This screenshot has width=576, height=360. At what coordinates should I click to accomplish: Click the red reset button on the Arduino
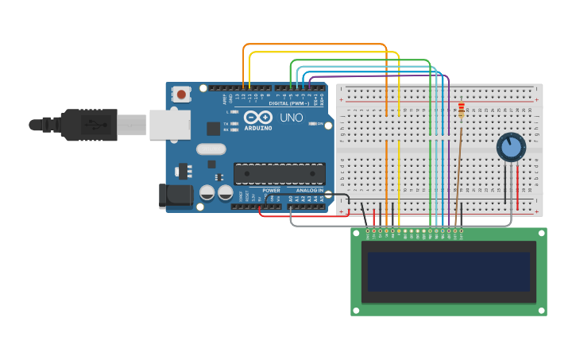[x=182, y=95]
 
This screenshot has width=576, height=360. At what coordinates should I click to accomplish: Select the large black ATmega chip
[x=279, y=173]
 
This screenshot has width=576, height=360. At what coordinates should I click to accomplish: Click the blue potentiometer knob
[x=511, y=147]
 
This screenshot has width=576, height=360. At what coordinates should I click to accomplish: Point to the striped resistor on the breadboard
[x=461, y=110]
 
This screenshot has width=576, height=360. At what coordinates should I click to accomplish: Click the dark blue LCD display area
[x=449, y=272]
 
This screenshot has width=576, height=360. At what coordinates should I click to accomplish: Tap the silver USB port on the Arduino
[x=170, y=125]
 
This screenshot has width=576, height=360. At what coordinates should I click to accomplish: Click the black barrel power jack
[x=174, y=195]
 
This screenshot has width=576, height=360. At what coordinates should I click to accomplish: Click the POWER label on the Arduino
[x=271, y=191]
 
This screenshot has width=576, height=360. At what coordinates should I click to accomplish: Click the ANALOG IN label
[x=310, y=191]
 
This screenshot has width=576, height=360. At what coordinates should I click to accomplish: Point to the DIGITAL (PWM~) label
[x=289, y=103]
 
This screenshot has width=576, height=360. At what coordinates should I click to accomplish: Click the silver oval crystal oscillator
[x=211, y=149]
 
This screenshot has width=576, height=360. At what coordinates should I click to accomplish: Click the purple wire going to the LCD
[x=449, y=159]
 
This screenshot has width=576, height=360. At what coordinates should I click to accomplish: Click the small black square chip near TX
[x=213, y=128]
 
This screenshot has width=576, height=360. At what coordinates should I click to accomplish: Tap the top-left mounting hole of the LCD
[x=357, y=233]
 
